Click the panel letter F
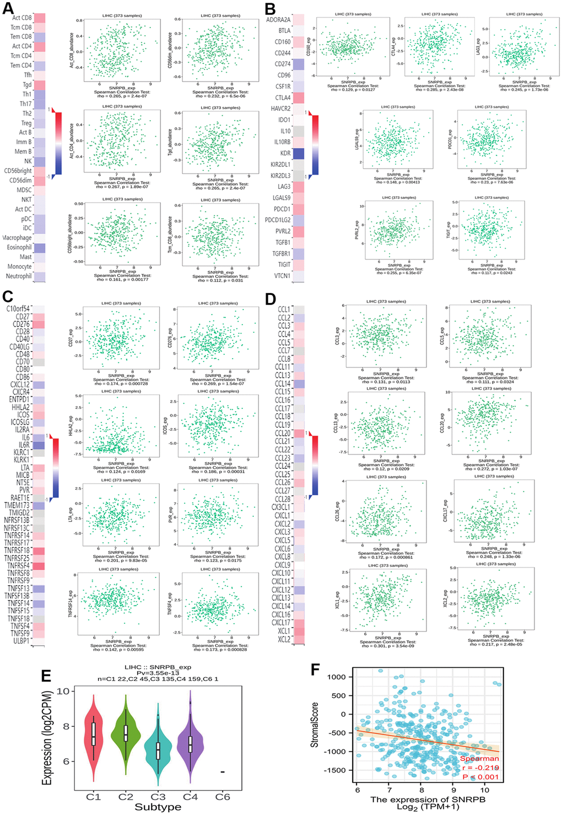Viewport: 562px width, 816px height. tap(316, 669)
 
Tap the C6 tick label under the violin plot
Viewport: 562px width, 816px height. tap(222, 797)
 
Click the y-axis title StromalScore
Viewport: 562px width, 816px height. tap(315, 728)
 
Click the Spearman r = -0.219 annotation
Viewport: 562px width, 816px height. tap(479, 768)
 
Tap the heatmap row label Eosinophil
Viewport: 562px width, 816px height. tap(19, 247)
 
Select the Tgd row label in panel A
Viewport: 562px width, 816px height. tap(26, 85)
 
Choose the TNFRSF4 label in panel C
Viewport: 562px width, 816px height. tap(18, 566)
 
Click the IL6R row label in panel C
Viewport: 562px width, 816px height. tap(24, 445)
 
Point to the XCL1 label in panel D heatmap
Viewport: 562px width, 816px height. tap(284, 631)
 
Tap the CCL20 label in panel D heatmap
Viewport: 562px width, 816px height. tap(283, 433)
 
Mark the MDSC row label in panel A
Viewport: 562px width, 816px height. tap(23, 190)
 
